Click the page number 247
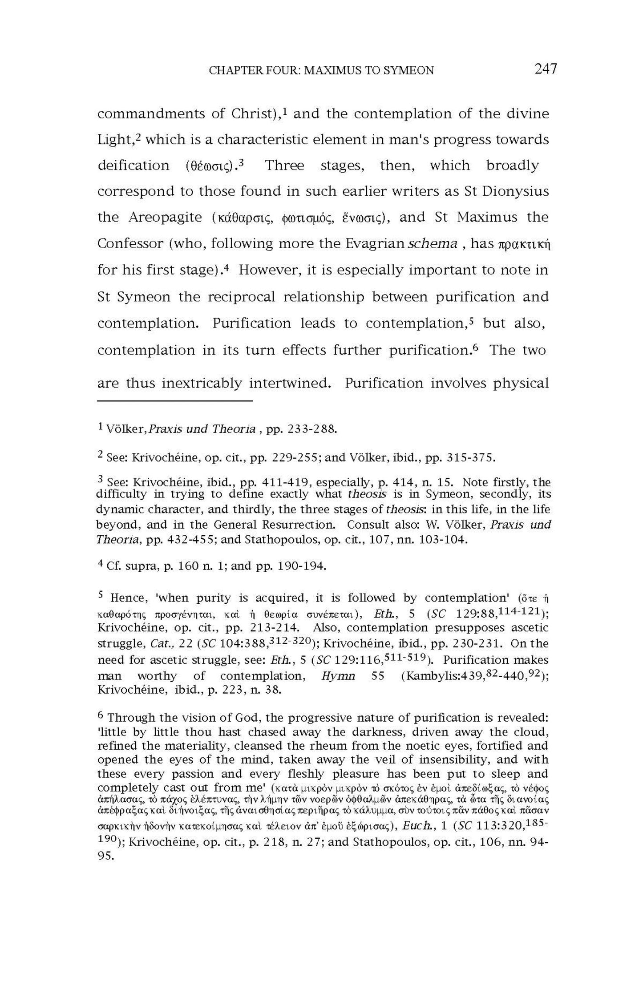545,69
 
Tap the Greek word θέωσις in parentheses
211,166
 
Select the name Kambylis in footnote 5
428,676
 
